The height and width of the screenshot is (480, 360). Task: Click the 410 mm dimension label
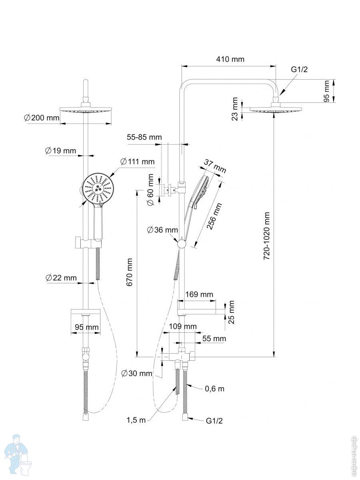click(x=230, y=60)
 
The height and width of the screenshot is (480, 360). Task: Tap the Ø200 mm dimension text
click(x=41, y=118)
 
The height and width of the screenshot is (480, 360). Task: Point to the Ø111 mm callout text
click(x=137, y=162)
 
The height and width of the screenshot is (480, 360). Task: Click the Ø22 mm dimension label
click(x=61, y=278)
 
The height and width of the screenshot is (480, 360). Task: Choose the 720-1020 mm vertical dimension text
click(x=267, y=236)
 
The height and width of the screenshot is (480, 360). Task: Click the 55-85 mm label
click(x=144, y=137)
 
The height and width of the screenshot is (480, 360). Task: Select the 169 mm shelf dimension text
click(x=199, y=295)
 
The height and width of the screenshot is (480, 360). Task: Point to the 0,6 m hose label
click(x=215, y=388)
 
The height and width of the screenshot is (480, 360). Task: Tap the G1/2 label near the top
click(x=299, y=69)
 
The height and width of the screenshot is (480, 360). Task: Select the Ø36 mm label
click(x=162, y=230)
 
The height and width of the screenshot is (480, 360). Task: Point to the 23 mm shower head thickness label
click(x=235, y=108)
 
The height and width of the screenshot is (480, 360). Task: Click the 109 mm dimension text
click(x=182, y=326)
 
